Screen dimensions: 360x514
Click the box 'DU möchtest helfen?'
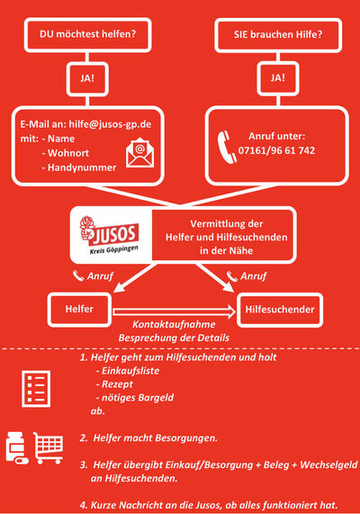87,35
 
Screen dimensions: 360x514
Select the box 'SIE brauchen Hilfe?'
278,35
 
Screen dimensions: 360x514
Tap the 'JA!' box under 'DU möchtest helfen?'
87,79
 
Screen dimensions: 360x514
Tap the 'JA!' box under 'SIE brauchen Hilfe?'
278,78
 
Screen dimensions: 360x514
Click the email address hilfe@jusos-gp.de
110,124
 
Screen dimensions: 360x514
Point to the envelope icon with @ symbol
140,153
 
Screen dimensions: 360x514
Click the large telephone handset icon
227,147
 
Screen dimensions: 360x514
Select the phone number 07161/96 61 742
276,150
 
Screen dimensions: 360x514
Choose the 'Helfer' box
79,310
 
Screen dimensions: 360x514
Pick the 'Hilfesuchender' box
280,310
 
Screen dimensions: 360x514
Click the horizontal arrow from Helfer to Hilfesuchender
174,311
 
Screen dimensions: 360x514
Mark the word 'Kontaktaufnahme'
174,324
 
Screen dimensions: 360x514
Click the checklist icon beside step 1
36,389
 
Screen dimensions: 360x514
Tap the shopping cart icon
49,447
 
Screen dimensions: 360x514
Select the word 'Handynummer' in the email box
82,167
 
